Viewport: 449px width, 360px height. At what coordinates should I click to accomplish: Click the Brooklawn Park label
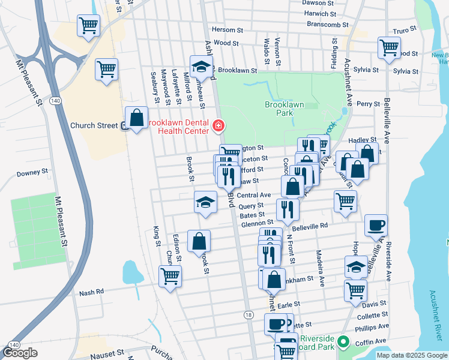285,108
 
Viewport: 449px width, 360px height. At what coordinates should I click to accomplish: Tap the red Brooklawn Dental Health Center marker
219,126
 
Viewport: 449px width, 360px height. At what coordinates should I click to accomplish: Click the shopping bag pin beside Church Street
136,117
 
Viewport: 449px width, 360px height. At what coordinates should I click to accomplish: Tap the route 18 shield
248,314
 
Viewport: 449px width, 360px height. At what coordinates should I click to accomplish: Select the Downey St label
32,172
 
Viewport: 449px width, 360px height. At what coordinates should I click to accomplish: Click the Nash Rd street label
92,292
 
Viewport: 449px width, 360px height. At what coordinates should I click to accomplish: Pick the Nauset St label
107,355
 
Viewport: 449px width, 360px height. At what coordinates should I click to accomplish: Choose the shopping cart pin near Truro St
389,47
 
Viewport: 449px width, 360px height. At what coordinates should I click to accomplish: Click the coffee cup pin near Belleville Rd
376,225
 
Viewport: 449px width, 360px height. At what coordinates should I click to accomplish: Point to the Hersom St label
227,29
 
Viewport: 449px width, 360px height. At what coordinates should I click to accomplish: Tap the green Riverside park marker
343,343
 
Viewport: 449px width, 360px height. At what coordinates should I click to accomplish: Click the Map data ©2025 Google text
411,355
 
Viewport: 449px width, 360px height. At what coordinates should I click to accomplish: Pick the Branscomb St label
328,25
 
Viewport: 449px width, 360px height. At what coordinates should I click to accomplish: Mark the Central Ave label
254,195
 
